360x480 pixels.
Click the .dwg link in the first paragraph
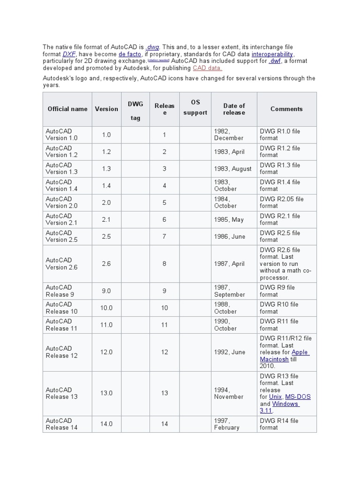(x=153, y=47)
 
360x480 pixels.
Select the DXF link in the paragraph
(x=69, y=54)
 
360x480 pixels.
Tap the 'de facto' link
(x=129, y=54)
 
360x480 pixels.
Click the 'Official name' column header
(x=67, y=109)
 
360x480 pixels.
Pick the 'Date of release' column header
(x=234, y=109)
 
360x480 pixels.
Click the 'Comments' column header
(x=286, y=109)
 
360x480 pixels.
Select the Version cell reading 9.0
(x=106, y=291)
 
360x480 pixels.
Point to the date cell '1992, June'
(x=229, y=352)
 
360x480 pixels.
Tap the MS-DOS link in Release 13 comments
(x=298, y=397)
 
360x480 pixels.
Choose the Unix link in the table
(x=275, y=397)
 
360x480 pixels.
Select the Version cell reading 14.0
(x=106, y=424)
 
